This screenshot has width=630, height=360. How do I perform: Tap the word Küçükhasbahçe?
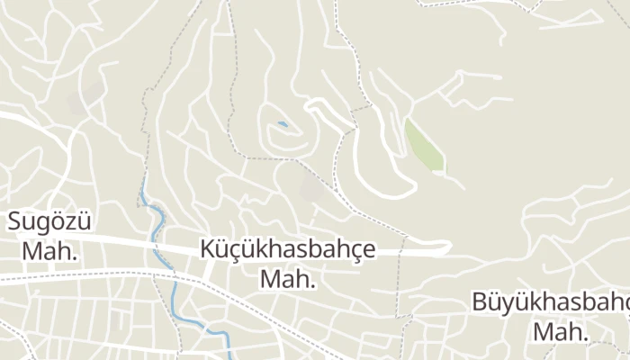pyautogui.click(x=288, y=249)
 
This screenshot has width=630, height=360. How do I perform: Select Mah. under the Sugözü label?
pyautogui.click(x=49, y=251)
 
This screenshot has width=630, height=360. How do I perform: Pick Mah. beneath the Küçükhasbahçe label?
pyautogui.click(x=288, y=279)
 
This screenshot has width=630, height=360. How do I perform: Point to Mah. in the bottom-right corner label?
pyautogui.click(x=560, y=331)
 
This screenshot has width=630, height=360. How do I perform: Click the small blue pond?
pyautogui.click(x=283, y=124)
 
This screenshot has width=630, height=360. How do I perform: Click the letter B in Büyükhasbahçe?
pyautogui.click(x=481, y=302)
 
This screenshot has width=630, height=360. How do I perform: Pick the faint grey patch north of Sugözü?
pyautogui.click(x=81, y=99)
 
